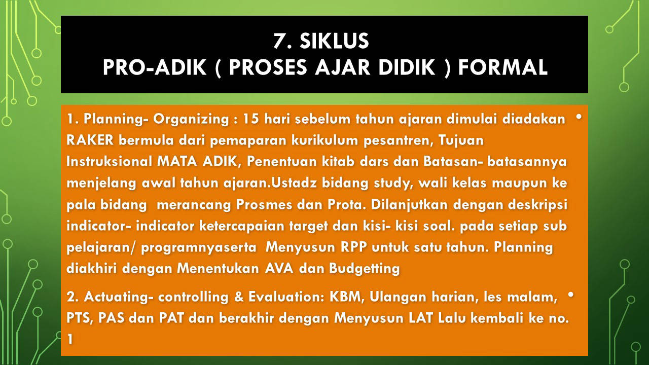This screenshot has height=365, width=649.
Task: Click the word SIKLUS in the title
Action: (334, 41)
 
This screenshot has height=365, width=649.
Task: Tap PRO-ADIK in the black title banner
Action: (155, 67)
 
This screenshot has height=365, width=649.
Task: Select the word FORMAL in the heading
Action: (502, 67)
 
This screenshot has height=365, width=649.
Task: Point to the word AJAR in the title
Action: (342, 67)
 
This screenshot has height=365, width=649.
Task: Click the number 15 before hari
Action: (251, 119)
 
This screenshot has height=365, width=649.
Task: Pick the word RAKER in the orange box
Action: (90, 140)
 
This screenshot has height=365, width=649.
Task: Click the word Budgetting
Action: (365, 269)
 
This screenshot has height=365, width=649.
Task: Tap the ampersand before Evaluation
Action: (239, 297)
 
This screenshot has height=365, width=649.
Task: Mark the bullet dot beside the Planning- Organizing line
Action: (579, 117)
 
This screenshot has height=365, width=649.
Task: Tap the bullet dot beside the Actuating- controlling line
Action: (571, 295)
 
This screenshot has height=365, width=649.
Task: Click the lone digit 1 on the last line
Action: (70, 339)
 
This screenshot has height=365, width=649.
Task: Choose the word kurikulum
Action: (325, 140)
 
